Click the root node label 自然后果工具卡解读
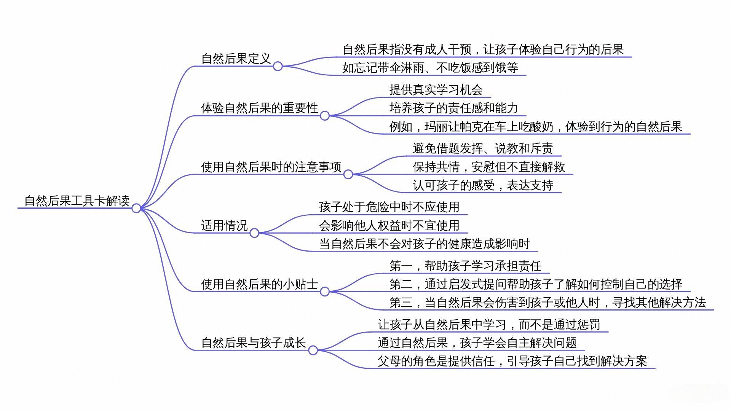click(x=77, y=201)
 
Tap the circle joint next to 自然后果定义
click(x=278, y=66)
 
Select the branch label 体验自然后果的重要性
click(x=259, y=108)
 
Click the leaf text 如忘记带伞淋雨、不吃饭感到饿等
click(x=430, y=68)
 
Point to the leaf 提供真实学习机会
click(x=436, y=90)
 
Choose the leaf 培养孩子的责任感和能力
click(x=453, y=108)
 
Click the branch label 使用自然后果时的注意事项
click(x=271, y=167)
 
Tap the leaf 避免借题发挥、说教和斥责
click(x=483, y=148)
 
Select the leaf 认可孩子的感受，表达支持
click(x=483, y=185)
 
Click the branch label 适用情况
click(x=224, y=225)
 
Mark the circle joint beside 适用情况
click(x=254, y=233)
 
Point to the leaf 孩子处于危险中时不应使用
click(x=389, y=207)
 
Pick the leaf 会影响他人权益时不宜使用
click(x=389, y=225)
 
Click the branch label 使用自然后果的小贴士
click(x=259, y=284)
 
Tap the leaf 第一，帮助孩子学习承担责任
click(x=465, y=266)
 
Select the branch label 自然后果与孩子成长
click(x=254, y=342)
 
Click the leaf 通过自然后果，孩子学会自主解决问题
click(x=477, y=342)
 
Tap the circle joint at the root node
click(x=136, y=208)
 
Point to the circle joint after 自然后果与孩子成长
click(x=313, y=350)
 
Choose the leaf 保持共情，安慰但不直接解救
click(x=489, y=167)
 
